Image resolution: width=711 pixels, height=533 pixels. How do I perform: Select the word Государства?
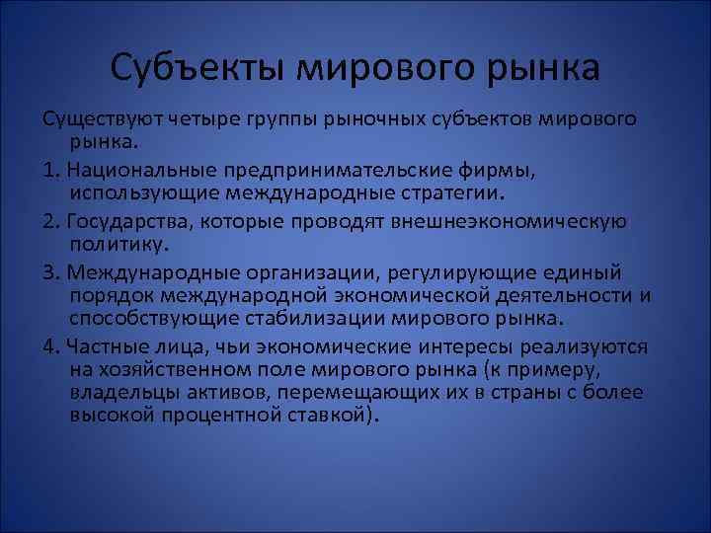coord(126,220)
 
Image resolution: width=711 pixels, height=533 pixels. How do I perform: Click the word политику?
coord(115,243)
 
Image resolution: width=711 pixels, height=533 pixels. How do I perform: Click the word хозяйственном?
coord(174,370)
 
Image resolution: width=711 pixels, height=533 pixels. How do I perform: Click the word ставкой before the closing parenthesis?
coord(322,416)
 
